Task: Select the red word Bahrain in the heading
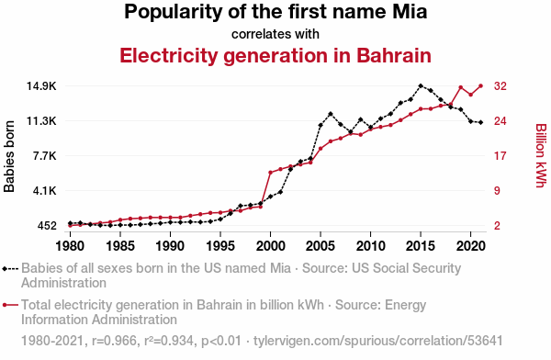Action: pyautogui.click(x=394, y=55)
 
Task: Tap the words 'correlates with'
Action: pyautogui.click(x=275, y=34)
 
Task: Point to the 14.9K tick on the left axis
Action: pyautogui.click(x=41, y=86)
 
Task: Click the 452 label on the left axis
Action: pyautogui.click(x=47, y=226)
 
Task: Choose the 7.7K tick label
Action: pyautogui.click(x=45, y=156)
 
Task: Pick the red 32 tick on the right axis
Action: pyautogui.click(x=500, y=86)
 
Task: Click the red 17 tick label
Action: pyautogui.click(x=500, y=156)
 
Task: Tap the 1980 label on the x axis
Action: pyautogui.click(x=70, y=246)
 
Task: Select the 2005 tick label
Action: pyautogui.click(x=320, y=246)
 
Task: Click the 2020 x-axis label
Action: pyautogui.click(x=471, y=246)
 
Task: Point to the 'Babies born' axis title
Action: pyautogui.click(x=9, y=156)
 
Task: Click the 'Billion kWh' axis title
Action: pyautogui.click(x=541, y=156)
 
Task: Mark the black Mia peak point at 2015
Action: pyautogui.click(x=421, y=85)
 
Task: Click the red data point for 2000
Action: pyautogui.click(x=270, y=173)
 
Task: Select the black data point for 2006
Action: pyautogui.click(x=331, y=114)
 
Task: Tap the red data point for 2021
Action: pyautogui.click(x=480, y=85)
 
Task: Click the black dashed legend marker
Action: pyautogui.click(x=10, y=269)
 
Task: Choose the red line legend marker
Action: pyautogui.click(x=10, y=305)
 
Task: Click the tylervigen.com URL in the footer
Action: pyautogui.click(x=378, y=341)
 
